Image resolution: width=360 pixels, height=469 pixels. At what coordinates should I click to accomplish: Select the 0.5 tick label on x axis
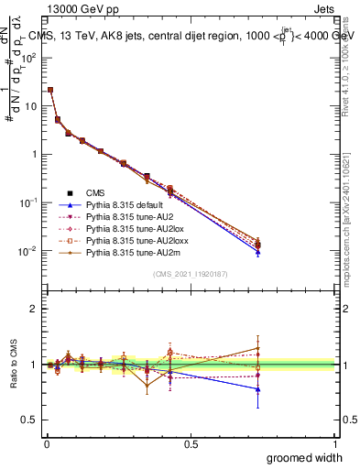point(190,443)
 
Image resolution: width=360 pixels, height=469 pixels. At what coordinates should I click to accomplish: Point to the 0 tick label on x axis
point(46,443)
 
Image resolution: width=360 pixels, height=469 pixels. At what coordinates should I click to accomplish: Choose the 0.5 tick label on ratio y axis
point(29,420)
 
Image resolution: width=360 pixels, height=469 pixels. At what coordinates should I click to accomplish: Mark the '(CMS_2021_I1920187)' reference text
point(190,274)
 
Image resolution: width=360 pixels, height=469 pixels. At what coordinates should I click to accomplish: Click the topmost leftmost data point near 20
point(49,90)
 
